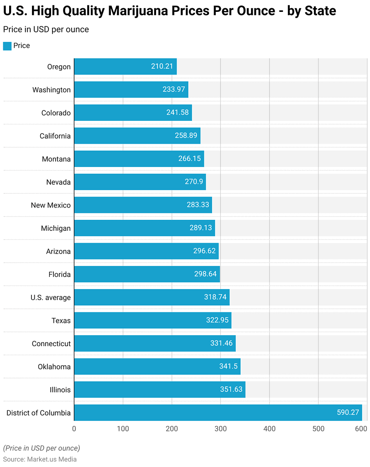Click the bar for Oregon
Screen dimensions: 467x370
(x=125, y=67)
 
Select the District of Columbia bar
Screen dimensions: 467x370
(x=218, y=413)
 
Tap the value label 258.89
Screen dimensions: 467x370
(x=186, y=136)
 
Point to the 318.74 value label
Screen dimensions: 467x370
(x=215, y=297)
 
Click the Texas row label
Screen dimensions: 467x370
(x=61, y=321)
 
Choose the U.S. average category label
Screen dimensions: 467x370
(x=50, y=297)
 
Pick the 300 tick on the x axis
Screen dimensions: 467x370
(x=221, y=429)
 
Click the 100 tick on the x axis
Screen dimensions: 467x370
(x=123, y=429)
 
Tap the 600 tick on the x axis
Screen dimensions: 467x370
(x=361, y=429)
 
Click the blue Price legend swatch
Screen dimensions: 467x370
(x=7, y=46)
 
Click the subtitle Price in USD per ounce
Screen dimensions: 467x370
(x=46, y=29)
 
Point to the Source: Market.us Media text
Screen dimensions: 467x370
(x=40, y=459)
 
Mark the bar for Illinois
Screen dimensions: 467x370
(x=159, y=389)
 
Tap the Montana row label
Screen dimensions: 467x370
(x=56, y=159)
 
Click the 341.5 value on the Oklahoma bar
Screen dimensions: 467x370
(x=227, y=367)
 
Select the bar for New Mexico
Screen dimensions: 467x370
(x=143, y=205)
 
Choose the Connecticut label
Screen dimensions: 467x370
(x=51, y=343)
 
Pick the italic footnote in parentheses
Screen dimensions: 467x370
(x=42, y=448)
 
